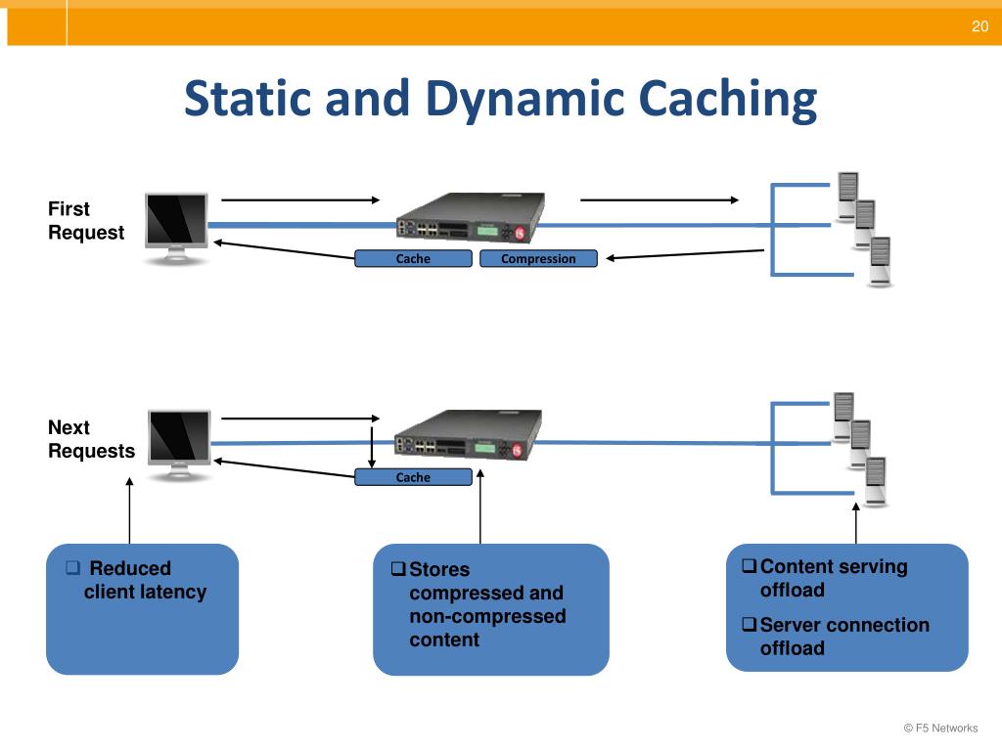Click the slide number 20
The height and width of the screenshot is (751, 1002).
pyautogui.click(x=979, y=26)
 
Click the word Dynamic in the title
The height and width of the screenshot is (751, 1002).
pyautogui.click(x=525, y=100)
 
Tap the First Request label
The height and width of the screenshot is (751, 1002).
pyautogui.click(x=86, y=220)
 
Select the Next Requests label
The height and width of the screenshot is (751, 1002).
pyautogui.click(x=91, y=439)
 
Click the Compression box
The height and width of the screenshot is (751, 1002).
pyautogui.click(x=538, y=258)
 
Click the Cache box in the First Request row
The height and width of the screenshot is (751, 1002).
pyautogui.click(x=413, y=258)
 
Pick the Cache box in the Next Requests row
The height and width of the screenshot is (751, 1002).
pyautogui.click(x=413, y=477)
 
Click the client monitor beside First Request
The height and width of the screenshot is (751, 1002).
pyautogui.click(x=176, y=228)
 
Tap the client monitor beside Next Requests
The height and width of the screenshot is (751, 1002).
pyautogui.click(x=179, y=445)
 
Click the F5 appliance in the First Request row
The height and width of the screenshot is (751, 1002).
pyautogui.click(x=471, y=216)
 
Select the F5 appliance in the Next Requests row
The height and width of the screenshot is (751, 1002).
pyautogui.click(x=469, y=434)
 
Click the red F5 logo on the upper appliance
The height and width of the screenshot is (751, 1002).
pyautogui.click(x=520, y=234)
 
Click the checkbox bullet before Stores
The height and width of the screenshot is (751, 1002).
pyautogui.click(x=398, y=568)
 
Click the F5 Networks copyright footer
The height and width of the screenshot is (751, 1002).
pyautogui.click(x=940, y=728)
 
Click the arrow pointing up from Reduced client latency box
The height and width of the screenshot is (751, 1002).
pyautogui.click(x=130, y=510)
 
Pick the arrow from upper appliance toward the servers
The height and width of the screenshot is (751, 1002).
pyautogui.click(x=660, y=199)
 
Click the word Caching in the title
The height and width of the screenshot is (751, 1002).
pyautogui.click(x=728, y=100)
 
